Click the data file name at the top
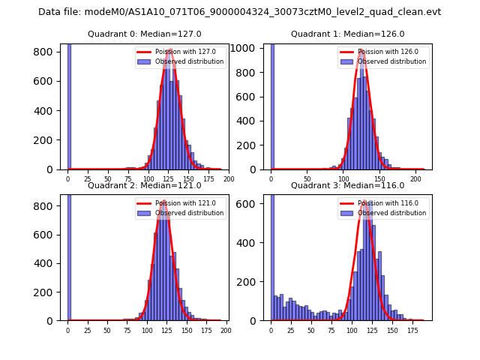tap(240, 12)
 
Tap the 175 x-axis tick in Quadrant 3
tap(412, 330)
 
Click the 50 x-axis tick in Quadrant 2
tap(107, 330)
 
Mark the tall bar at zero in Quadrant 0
tap(69, 105)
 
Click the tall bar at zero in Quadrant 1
tap(272, 105)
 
